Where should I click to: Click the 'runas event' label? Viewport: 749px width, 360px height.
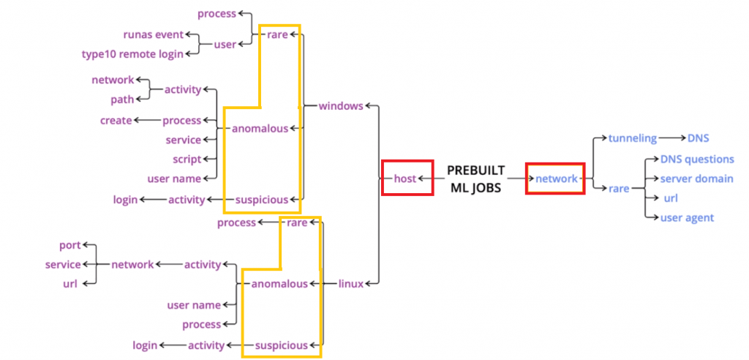click(x=153, y=34)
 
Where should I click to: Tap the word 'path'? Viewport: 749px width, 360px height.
click(x=122, y=100)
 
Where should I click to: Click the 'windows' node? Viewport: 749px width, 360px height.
click(x=340, y=106)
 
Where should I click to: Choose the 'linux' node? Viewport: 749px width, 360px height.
click(x=351, y=284)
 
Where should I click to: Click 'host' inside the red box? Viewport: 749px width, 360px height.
click(x=404, y=178)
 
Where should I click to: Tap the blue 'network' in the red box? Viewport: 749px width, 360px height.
click(x=556, y=178)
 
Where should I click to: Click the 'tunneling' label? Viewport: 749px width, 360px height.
click(x=632, y=138)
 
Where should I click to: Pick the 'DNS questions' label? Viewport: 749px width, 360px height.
click(x=697, y=159)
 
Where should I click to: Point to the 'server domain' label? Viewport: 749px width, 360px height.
click(x=696, y=179)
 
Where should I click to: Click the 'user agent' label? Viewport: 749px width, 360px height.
click(x=687, y=217)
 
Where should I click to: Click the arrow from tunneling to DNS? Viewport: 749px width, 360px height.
click(x=671, y=138)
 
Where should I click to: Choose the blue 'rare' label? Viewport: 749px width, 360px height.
click(x=619, y=189)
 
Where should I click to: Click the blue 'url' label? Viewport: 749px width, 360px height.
click(x=671, y=198)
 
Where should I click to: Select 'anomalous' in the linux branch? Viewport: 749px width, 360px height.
click(x=279, y=284)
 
